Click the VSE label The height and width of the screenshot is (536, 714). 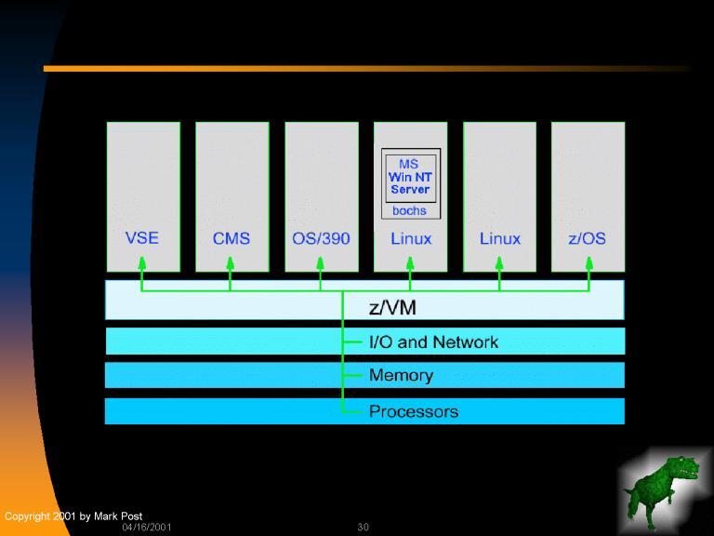pos(142,237)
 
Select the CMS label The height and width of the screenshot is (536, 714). pos(231,238)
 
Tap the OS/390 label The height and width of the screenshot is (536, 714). pos(321,238)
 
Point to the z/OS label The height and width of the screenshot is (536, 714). pos(587,238)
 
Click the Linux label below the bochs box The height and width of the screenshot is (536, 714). pos(410,238)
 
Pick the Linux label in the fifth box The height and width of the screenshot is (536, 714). pos(499,238)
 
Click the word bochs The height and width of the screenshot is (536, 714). pos(409,210)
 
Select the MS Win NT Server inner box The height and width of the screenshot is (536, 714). pos(410,177)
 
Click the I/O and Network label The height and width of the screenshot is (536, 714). pos(433,342)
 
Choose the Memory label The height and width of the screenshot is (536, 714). pos(401,375)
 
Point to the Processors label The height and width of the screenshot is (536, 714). pos(413,411)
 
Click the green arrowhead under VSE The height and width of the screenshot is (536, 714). pos(142,263)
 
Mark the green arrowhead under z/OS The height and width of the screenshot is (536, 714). pos(588,263)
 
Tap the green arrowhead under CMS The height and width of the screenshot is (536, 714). pos(231,263)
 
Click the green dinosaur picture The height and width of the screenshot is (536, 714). pos(663,489)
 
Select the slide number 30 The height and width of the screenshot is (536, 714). pos(363,528)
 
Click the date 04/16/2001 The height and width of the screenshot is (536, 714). pos(147,528)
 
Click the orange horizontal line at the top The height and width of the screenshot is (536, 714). pos(367,68)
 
